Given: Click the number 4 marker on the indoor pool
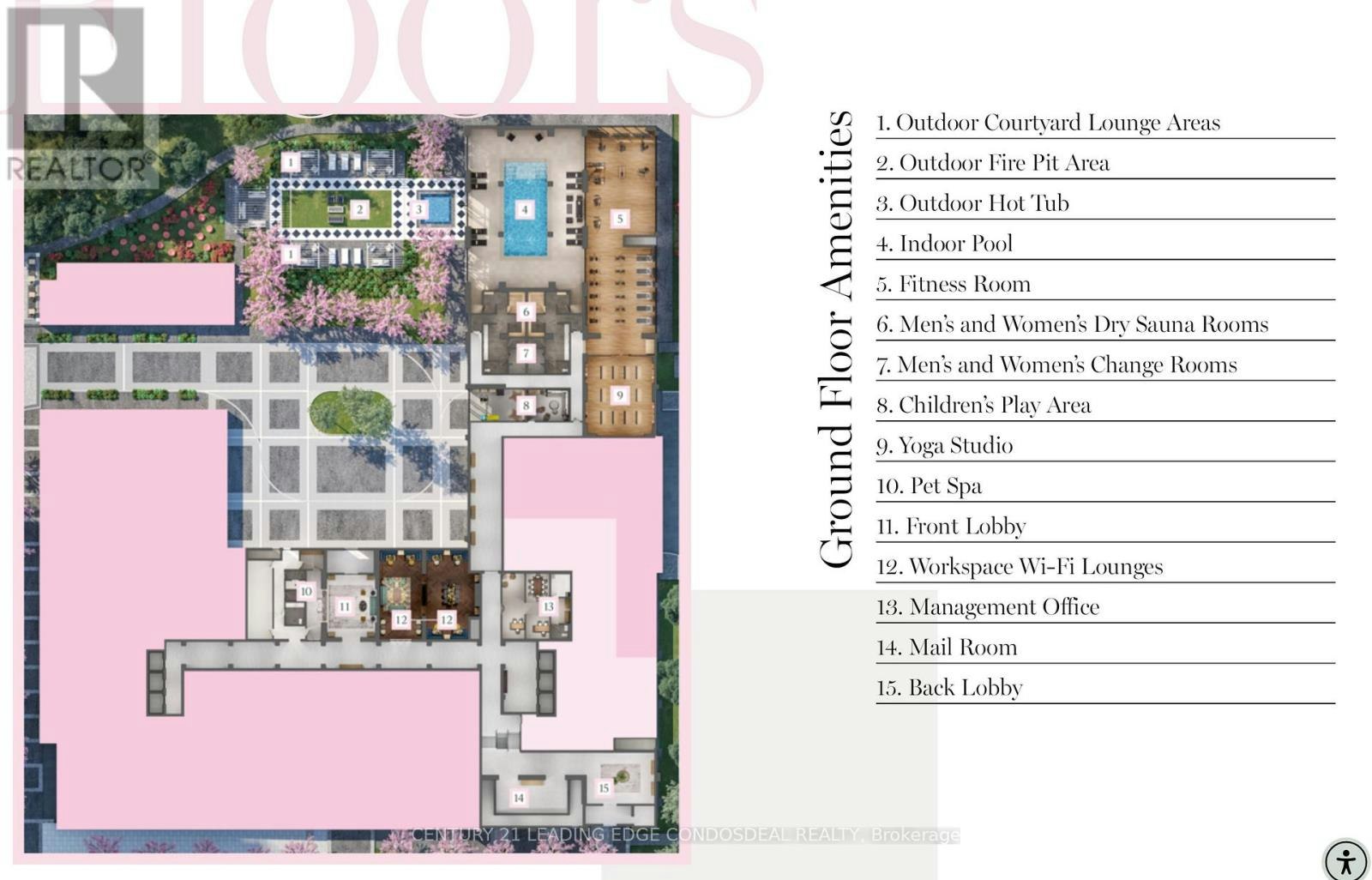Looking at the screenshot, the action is point(524,209).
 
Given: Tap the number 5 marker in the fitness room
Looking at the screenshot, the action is point(620,218).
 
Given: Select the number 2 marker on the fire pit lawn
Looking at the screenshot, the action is point(359,209).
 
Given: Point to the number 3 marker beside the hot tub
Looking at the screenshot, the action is point(419,209).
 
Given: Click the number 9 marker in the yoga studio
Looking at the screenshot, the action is point(620,395).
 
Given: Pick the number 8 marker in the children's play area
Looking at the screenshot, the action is point(526,405).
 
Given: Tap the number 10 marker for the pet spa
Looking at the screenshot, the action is point(305,591).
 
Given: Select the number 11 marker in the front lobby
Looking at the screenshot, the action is point(344,606).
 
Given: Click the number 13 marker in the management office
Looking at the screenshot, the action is point(548,606).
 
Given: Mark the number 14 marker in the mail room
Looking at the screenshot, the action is point(519,798).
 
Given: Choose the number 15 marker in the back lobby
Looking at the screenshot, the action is point(604,788).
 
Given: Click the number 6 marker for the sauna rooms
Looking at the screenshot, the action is point(526,312).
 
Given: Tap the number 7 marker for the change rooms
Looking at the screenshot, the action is point(526,353).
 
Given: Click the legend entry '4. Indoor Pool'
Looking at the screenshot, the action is point(944,244).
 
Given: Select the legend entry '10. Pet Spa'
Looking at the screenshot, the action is point(929,486).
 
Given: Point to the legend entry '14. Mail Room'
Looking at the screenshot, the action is point(947,647).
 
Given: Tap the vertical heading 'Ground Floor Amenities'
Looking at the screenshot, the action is point(836,340).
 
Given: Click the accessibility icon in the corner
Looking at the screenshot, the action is point(1345,861).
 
